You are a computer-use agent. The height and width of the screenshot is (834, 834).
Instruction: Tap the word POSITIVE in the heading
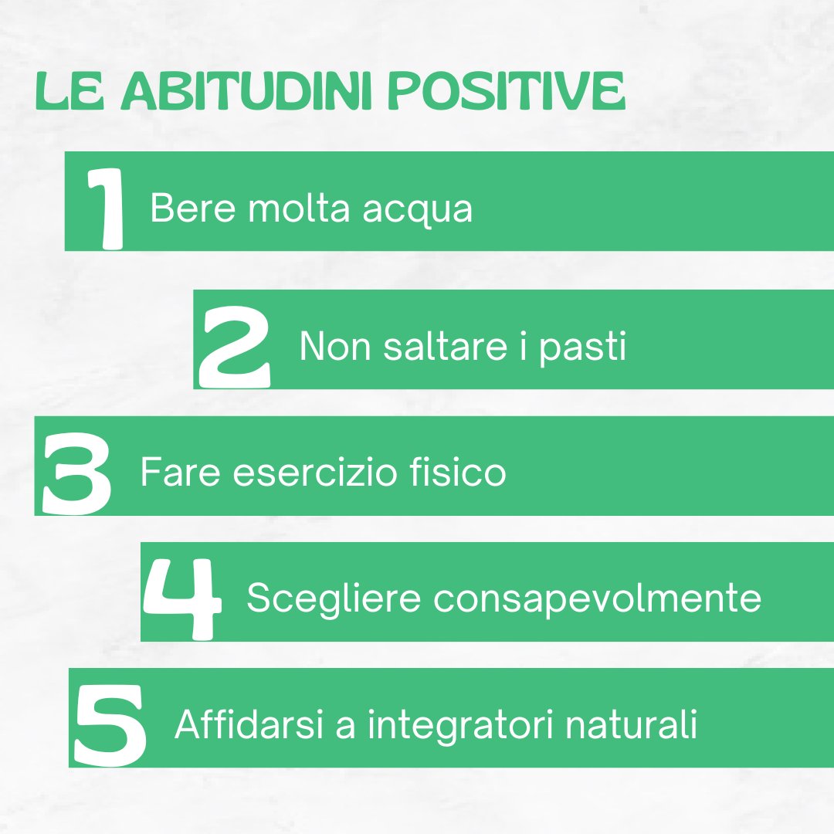(x=506, y=93)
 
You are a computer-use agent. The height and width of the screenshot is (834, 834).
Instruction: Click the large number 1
(x=107, y=208)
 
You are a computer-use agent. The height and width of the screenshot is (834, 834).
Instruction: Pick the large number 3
(x=76, y=473)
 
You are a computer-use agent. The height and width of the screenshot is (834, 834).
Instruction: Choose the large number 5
(x=110, y=724)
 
